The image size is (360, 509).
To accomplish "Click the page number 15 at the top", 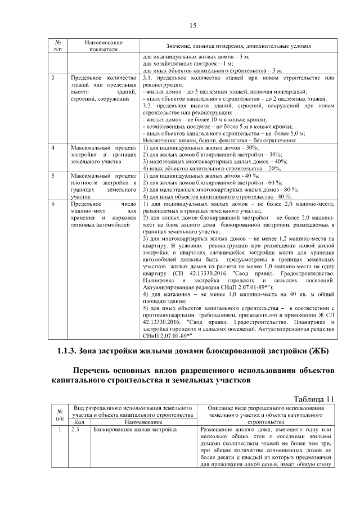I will (192, 26).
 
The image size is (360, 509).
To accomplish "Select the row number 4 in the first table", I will (53, 147).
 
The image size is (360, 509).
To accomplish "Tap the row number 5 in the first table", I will (53, 175).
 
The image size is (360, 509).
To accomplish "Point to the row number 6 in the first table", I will (53, 204).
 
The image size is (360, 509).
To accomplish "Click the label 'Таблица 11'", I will (313, 399).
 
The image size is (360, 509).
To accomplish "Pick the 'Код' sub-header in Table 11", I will (79, 421).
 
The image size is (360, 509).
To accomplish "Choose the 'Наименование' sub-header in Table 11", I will (140, 421).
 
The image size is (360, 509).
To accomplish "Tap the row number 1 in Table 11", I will (58, 429).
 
